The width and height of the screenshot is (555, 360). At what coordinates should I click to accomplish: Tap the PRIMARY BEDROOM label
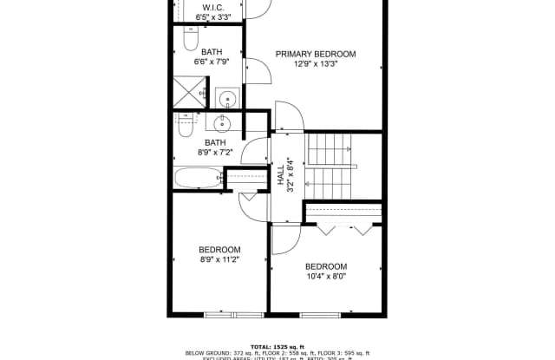316,54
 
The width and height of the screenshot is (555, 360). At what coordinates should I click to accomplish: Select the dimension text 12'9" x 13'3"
316,64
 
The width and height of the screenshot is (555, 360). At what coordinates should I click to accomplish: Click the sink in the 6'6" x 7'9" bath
226,98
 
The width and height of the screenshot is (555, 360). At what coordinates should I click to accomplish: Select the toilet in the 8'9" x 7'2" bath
186,126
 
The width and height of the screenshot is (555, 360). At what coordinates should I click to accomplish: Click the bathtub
197,179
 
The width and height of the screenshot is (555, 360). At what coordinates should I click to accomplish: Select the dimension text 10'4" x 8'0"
326,277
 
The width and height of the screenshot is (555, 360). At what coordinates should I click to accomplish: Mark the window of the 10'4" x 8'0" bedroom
325,312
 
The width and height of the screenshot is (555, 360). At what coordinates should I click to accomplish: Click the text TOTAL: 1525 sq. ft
277,345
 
